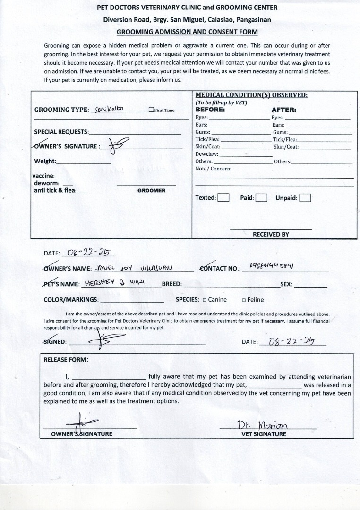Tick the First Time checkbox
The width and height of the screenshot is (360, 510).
pyautogui.click(x=151, y=110)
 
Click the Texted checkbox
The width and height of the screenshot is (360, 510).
pyautogui.click(x=223, y=198)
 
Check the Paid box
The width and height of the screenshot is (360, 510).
pyautogui.click(x=262, y=198)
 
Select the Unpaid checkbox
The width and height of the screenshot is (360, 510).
pyautogui.click(x=305, y=198)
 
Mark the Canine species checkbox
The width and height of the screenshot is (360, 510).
pyautogui.click(x=205, y=300)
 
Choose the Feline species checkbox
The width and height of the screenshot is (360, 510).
pyautogui.click(x=244, y=300)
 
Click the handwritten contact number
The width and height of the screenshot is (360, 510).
pyautogui.click(x=272, y=266)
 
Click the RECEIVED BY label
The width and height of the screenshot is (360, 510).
pyautogui.click(x=271, y=234)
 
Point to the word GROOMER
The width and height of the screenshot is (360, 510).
pyautogui.click(x=151, y=191)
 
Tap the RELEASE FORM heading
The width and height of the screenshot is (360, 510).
pyautogui.click(x=66, y=359)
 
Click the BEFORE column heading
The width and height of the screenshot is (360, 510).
pyautogui.click(x=210, y=110)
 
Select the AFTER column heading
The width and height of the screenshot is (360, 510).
pyautogui.click(x=284, y=110)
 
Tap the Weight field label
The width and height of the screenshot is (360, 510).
pyautogui.click(x=45, y=161)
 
